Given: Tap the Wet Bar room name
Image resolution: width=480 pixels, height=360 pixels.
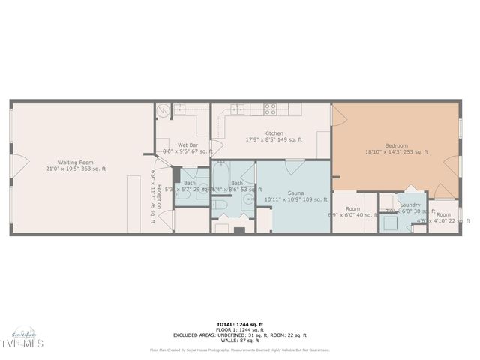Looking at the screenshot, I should [x=187, y=145].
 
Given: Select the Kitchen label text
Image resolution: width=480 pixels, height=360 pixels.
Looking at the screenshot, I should [x=253, y=133].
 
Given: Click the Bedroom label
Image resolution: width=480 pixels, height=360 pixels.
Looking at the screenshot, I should [x=396, y=145].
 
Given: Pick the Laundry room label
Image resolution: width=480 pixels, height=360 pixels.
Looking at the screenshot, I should [x=409, y=205].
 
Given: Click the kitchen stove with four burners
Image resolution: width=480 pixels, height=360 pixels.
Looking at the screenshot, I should [x=271, y=109].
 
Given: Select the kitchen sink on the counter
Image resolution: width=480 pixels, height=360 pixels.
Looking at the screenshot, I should [x=238, y=109].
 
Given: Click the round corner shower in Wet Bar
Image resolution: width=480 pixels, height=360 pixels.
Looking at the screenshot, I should [x=163, y=111].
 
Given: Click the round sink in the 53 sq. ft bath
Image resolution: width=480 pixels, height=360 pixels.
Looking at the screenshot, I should [x=248, y=201].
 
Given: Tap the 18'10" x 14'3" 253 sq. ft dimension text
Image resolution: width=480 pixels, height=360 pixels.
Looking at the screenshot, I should [x=396, y=152].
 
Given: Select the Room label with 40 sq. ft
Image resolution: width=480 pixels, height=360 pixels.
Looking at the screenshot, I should [x=352, y=209].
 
